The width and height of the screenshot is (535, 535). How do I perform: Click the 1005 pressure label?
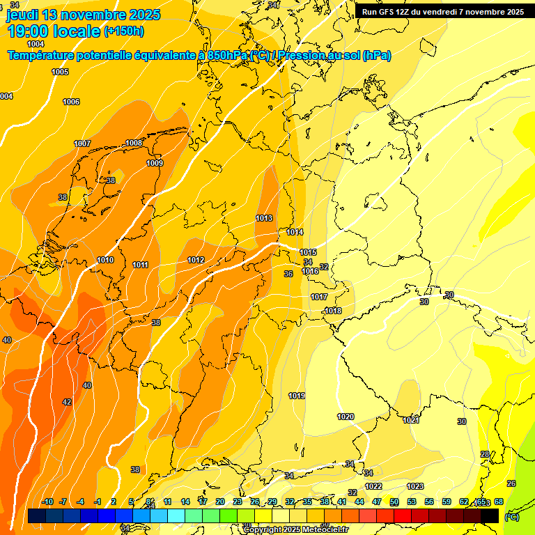60,72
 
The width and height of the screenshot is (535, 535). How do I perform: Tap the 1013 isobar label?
264,218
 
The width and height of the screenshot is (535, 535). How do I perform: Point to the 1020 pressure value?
346,417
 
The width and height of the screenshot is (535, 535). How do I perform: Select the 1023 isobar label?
415,486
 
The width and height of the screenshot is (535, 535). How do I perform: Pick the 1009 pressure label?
155,163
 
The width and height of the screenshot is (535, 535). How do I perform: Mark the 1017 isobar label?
319,297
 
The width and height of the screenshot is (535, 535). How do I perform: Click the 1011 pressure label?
141,265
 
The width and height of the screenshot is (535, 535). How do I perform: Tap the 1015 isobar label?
309,252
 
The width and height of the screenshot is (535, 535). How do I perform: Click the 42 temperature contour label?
67,402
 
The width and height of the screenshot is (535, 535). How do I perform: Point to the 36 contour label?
288,274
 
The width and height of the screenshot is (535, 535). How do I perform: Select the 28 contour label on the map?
485,454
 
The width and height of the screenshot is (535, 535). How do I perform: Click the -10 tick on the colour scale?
47,502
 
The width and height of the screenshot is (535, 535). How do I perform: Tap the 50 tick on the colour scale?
394,502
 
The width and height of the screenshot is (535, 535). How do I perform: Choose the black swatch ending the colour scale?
490,515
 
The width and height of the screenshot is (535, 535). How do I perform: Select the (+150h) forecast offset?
124,31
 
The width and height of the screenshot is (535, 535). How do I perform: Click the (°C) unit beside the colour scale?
511,517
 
